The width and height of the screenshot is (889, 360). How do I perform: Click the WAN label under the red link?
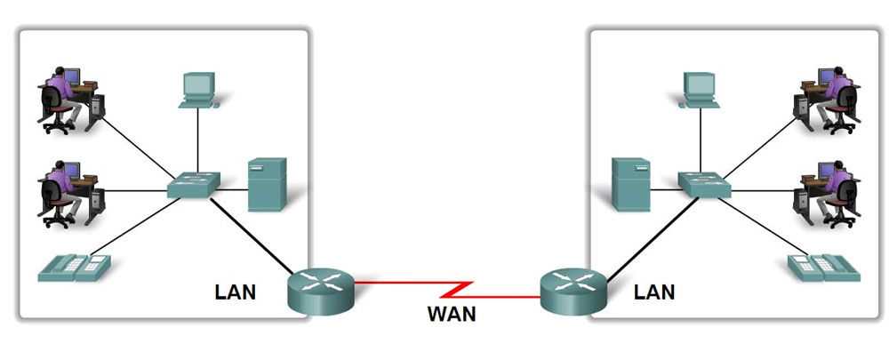[451, 313]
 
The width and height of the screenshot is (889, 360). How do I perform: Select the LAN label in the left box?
[236, 291]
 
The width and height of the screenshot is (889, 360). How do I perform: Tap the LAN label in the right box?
[654, 291]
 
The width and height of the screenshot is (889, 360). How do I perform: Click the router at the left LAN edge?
[321, 291]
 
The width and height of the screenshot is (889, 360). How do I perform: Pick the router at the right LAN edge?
[573, 291]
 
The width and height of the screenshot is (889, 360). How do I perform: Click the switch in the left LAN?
[194, 184]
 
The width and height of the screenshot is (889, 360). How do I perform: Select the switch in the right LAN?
[704, 184]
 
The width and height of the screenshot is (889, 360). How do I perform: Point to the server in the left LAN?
[267, 184]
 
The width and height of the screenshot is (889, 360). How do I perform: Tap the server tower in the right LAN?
[630, 184]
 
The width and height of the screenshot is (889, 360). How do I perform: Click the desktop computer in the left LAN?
[198, 90]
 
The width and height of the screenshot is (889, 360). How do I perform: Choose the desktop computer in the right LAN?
[699, 90]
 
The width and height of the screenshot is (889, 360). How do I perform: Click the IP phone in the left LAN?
[74, 267]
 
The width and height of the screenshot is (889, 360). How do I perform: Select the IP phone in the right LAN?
[823, 267]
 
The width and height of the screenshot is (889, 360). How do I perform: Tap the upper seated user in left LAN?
[70, 100]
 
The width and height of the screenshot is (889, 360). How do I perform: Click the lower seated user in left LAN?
[70, 194]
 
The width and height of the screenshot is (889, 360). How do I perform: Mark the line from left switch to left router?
[253, 236]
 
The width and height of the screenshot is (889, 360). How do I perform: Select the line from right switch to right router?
[645, 234]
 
